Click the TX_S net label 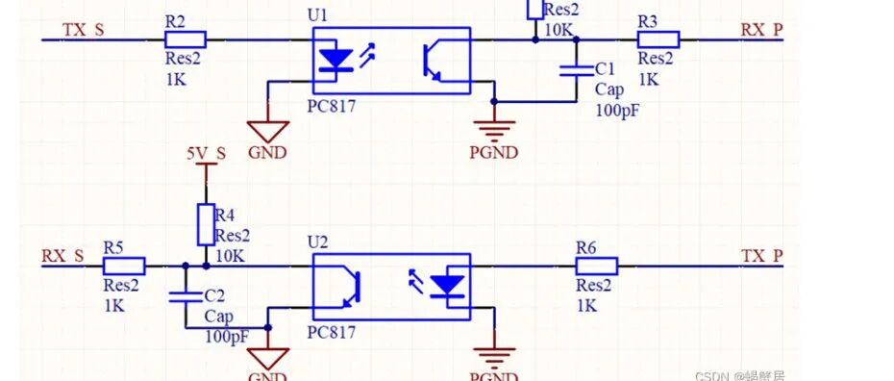pos(84,29)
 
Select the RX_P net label pos(761,29)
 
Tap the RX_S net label pos(63,256)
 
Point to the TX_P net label pos(761,256)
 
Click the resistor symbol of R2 pos(185,39)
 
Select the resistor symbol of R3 pos(658,39)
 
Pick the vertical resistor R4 pos(205,223)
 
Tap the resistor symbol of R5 pos(124,267)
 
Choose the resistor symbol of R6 pos(596,267)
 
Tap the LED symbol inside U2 pos(447,287)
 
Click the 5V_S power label pos(206,153)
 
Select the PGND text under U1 pos(493,152)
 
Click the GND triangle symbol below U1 pos(267,130)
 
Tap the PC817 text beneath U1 pos(333,107)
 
